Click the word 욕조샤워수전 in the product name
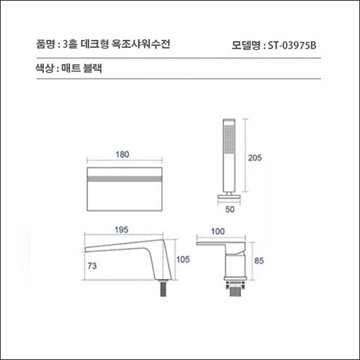[145, 44]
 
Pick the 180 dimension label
[122, 154]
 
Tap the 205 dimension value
[255, 158]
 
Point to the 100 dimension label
[218, 232]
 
